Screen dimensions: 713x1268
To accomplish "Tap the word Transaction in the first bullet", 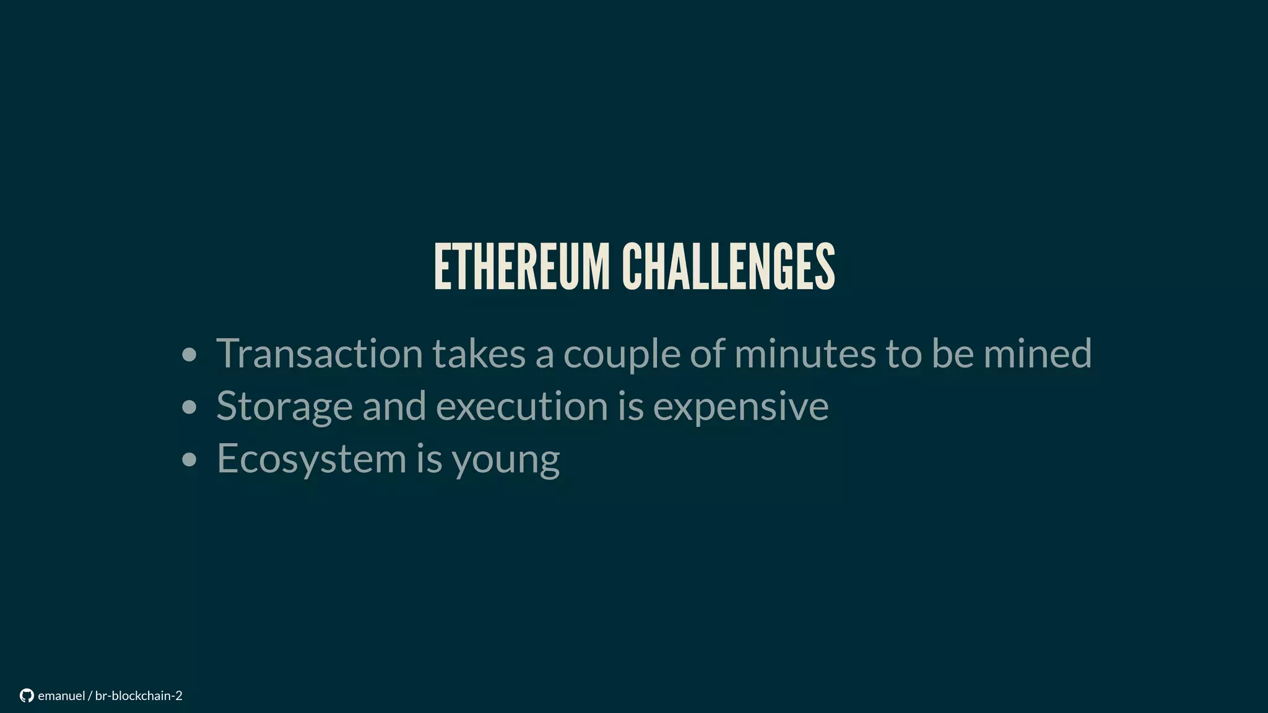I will tap(319, 353).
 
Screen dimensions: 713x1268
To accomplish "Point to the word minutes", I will tap(805, 353).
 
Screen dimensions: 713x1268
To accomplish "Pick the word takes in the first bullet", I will tap(478, 353).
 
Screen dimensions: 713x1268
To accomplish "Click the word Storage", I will tap(284, 407).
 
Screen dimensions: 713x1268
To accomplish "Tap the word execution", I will tap(522, 406).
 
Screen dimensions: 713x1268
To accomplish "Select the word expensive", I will tap(740, 407).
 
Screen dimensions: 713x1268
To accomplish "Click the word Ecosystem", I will tap(311, 459).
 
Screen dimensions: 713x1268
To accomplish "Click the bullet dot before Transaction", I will tap(189, 355).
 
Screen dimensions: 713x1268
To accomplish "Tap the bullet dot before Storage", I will tap(189, 408).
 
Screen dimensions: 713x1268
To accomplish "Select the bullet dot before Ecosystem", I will tap(189, 460).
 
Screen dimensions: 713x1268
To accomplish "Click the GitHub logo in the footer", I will tap(27, 696).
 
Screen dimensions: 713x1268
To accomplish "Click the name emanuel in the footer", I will tap(61, 696).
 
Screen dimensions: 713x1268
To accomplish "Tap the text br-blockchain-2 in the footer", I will tap(139, 696).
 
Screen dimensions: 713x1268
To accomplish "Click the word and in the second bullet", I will tap(394, 406).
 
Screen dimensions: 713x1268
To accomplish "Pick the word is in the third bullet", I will tap(429, 459).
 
